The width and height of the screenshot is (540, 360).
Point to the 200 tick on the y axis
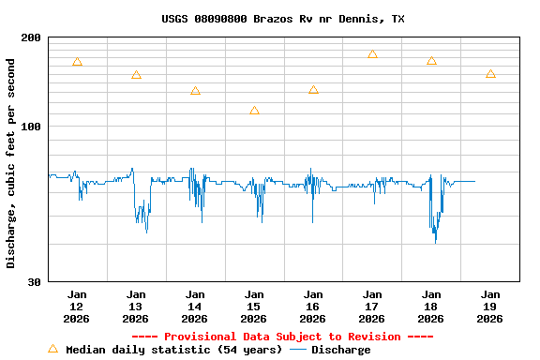32,37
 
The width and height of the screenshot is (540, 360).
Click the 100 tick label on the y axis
32,127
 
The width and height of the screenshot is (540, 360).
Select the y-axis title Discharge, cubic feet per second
11,163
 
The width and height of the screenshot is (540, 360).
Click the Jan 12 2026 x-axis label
77,307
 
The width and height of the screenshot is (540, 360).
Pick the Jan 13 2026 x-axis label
136,307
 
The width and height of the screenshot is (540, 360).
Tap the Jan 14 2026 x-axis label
195,307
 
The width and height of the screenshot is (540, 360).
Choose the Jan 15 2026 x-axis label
254,307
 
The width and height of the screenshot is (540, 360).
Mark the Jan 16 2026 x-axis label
313,307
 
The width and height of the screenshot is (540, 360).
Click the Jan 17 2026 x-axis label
372,307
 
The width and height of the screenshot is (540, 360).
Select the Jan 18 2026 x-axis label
431,307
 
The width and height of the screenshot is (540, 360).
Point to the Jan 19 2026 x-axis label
490,307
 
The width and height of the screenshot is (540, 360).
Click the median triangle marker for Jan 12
77,62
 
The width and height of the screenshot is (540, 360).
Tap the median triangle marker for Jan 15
254,111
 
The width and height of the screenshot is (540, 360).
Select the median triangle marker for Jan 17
372,54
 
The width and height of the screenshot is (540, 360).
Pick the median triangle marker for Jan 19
490,74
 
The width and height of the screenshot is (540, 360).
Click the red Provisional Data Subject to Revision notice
282,337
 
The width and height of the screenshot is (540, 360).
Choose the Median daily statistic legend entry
165,350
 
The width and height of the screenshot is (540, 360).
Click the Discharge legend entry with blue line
330,350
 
